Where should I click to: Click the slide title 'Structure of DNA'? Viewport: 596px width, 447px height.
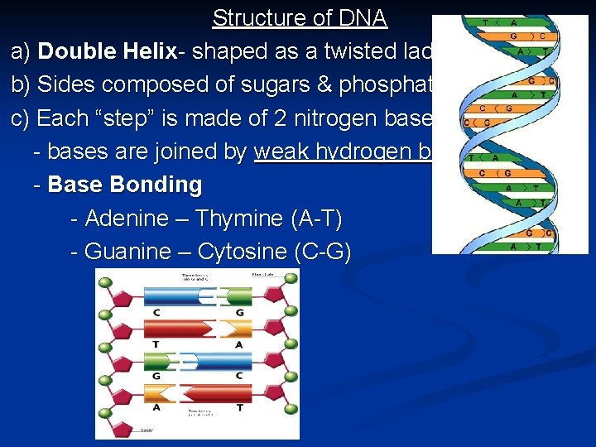pyautogui.click(x=300, y=17)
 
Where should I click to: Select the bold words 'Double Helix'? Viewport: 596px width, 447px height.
pyautogui.click(x=108, y=51)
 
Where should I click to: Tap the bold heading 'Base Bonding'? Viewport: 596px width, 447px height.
pyautogui.click(x=125, y=185)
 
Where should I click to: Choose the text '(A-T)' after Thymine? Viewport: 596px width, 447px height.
pyautogui.click(x=316, y=219)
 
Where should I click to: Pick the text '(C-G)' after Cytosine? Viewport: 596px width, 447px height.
pyautogui.click(x=323, y=252)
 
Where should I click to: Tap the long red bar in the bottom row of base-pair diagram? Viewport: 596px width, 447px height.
pyautogui.click(x=219, y=393)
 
